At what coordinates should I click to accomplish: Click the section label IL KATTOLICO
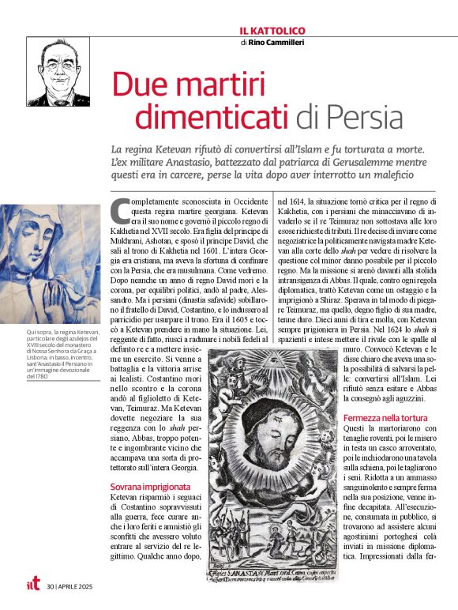(272, 31)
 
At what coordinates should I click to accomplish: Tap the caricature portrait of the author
(58, 72)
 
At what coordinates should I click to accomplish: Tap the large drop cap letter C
(120, 211)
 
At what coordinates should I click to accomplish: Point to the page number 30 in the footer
(51, 586)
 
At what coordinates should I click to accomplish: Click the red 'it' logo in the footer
(32, 586)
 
